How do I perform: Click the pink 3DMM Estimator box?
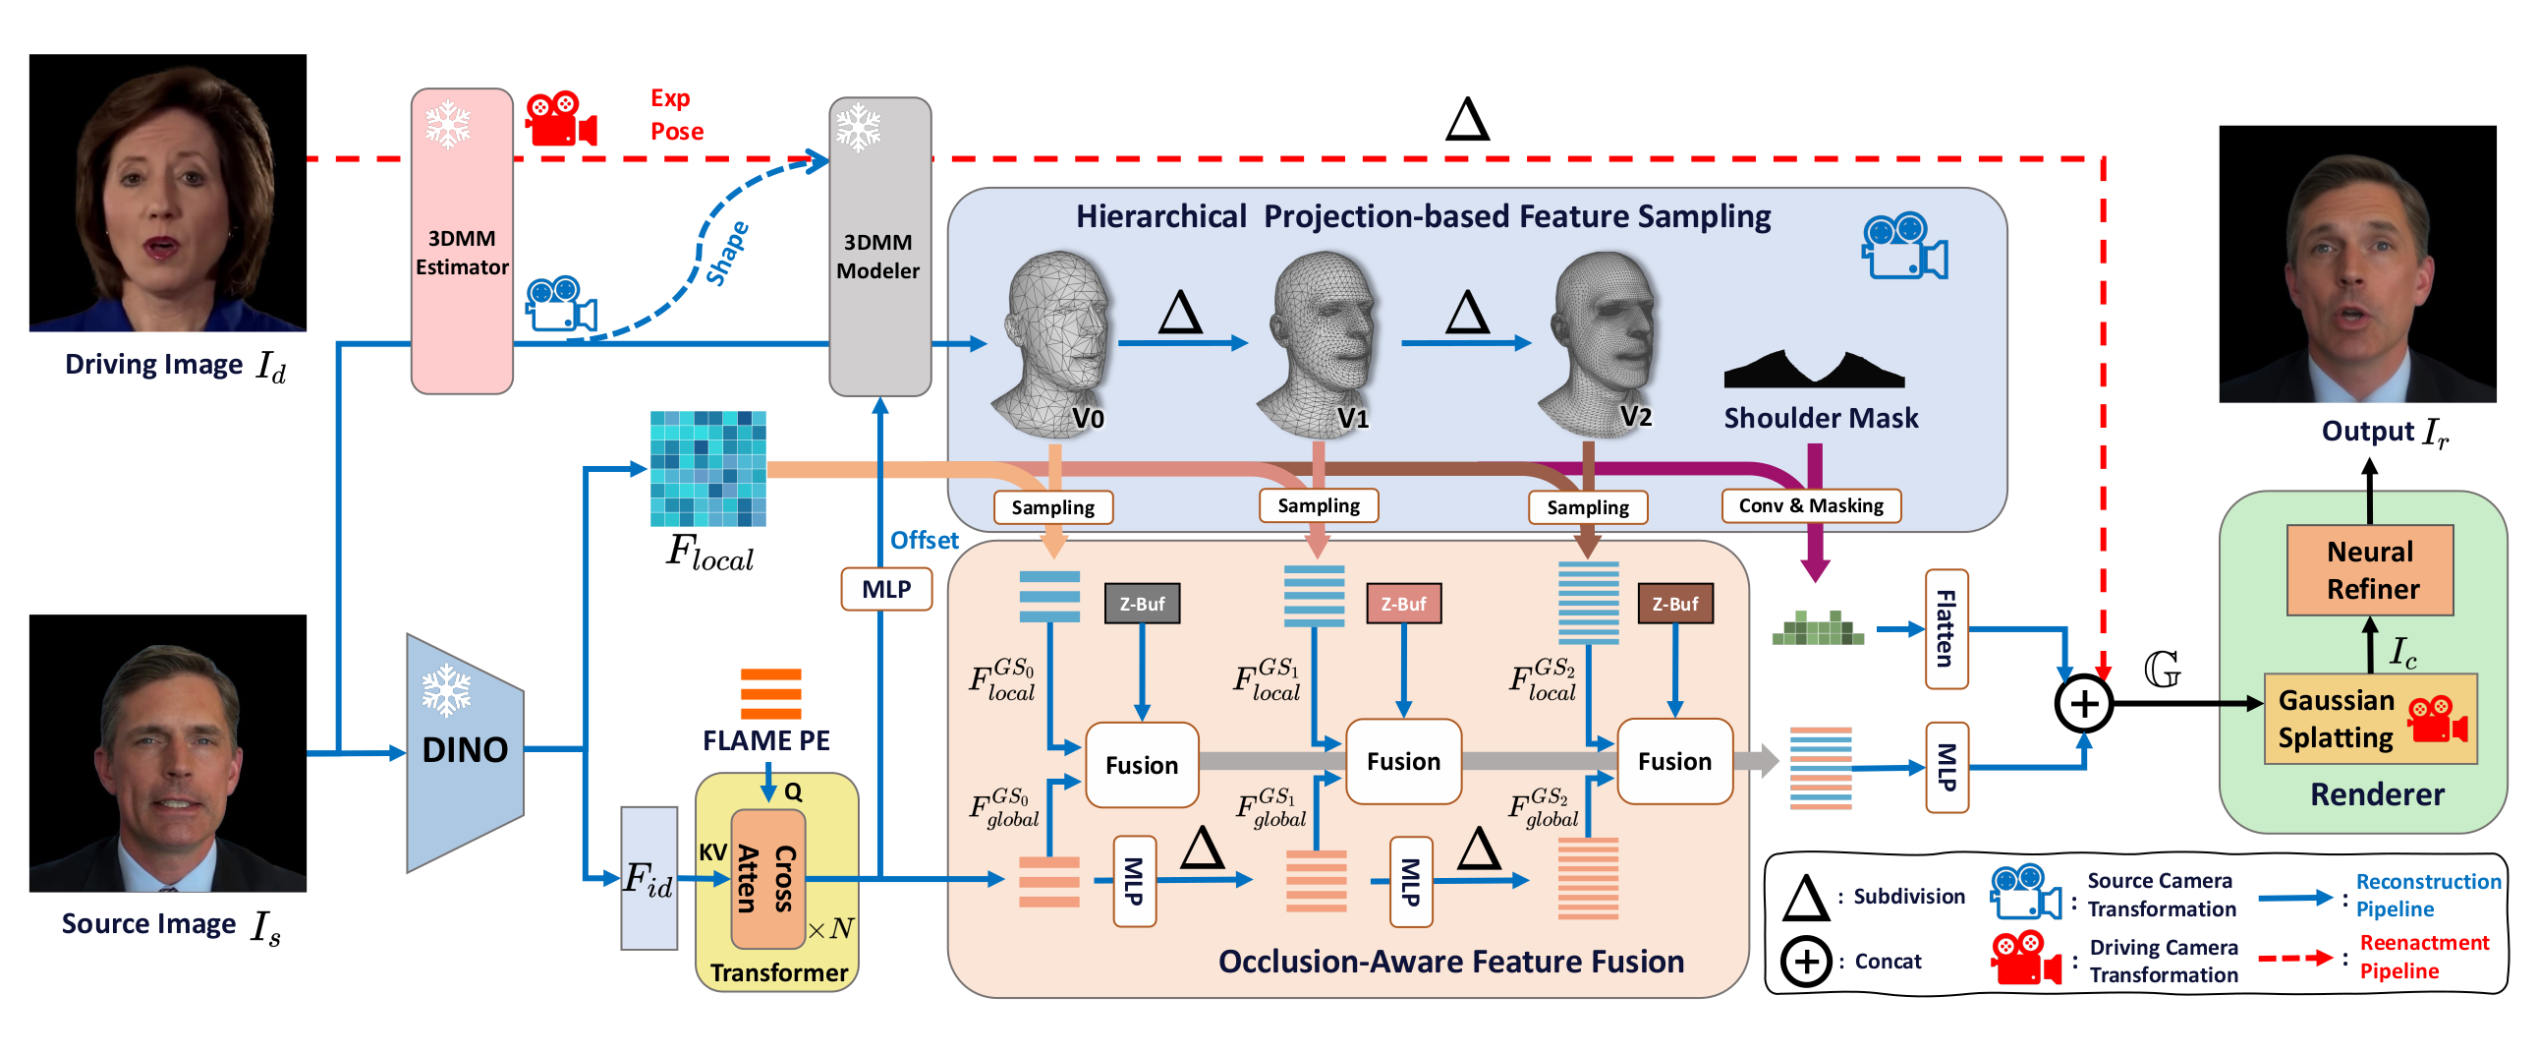[x=461, y=242]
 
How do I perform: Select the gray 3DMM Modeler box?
[x=879, y=247]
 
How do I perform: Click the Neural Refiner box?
[x=2368, y=570]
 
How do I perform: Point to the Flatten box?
[x=1946, y=629]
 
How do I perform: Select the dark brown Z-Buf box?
[x=1674, y=604]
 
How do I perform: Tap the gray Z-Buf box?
[x=1142, y=604]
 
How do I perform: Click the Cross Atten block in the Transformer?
[x=767, y=877]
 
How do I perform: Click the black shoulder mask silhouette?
[x=1814, y=370]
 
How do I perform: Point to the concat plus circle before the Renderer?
[x=2083, y=704]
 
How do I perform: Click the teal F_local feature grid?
[x=707, y=468]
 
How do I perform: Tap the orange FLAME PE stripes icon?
[x=770, y=693]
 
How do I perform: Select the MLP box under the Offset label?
[x=885, y=590]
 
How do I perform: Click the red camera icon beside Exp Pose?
[x=560, y=119]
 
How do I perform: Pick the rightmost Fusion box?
[x=1673, y=761]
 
